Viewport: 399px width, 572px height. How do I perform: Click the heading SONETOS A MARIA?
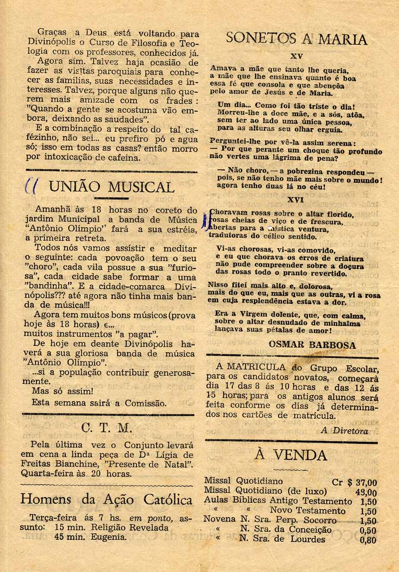point(297,39)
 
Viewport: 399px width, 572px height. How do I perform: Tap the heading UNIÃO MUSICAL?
point(112,187)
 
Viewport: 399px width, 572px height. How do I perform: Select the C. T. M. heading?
point(112,429)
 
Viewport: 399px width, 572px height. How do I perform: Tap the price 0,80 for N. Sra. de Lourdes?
point(368,541)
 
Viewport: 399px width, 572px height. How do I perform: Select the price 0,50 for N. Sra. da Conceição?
point(368,531)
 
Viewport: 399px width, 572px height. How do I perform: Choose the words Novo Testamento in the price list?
point(307,511)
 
